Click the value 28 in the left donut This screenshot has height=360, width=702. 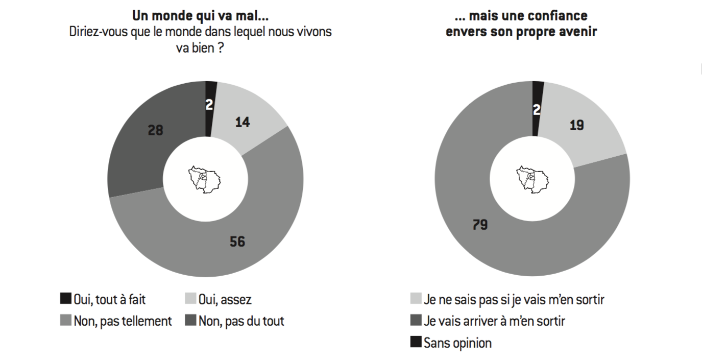(x=155, y=130)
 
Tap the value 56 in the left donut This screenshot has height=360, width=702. (x=237, y=241)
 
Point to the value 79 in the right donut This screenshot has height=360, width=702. (x=479, y=224)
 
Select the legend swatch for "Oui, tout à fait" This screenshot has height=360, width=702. (x=65, y=299)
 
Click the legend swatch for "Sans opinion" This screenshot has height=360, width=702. (x=416, y=342)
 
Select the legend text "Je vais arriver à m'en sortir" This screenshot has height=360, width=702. (x=495, y=321)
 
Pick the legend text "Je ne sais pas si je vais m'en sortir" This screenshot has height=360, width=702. (x=514, y=299)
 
